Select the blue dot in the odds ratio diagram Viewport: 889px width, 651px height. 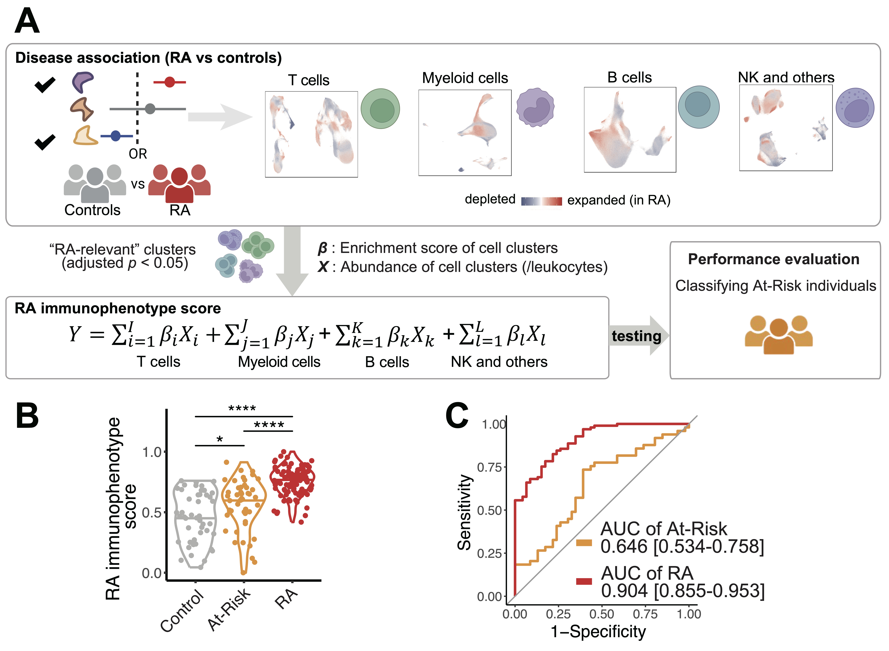(x=115, y=136)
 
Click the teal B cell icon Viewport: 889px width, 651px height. (x=698, y=107)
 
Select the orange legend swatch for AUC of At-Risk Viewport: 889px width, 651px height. (x=584, y=543)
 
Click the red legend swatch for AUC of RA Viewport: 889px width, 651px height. (x=584, y=581)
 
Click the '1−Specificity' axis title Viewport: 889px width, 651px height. (x=598, y=631)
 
